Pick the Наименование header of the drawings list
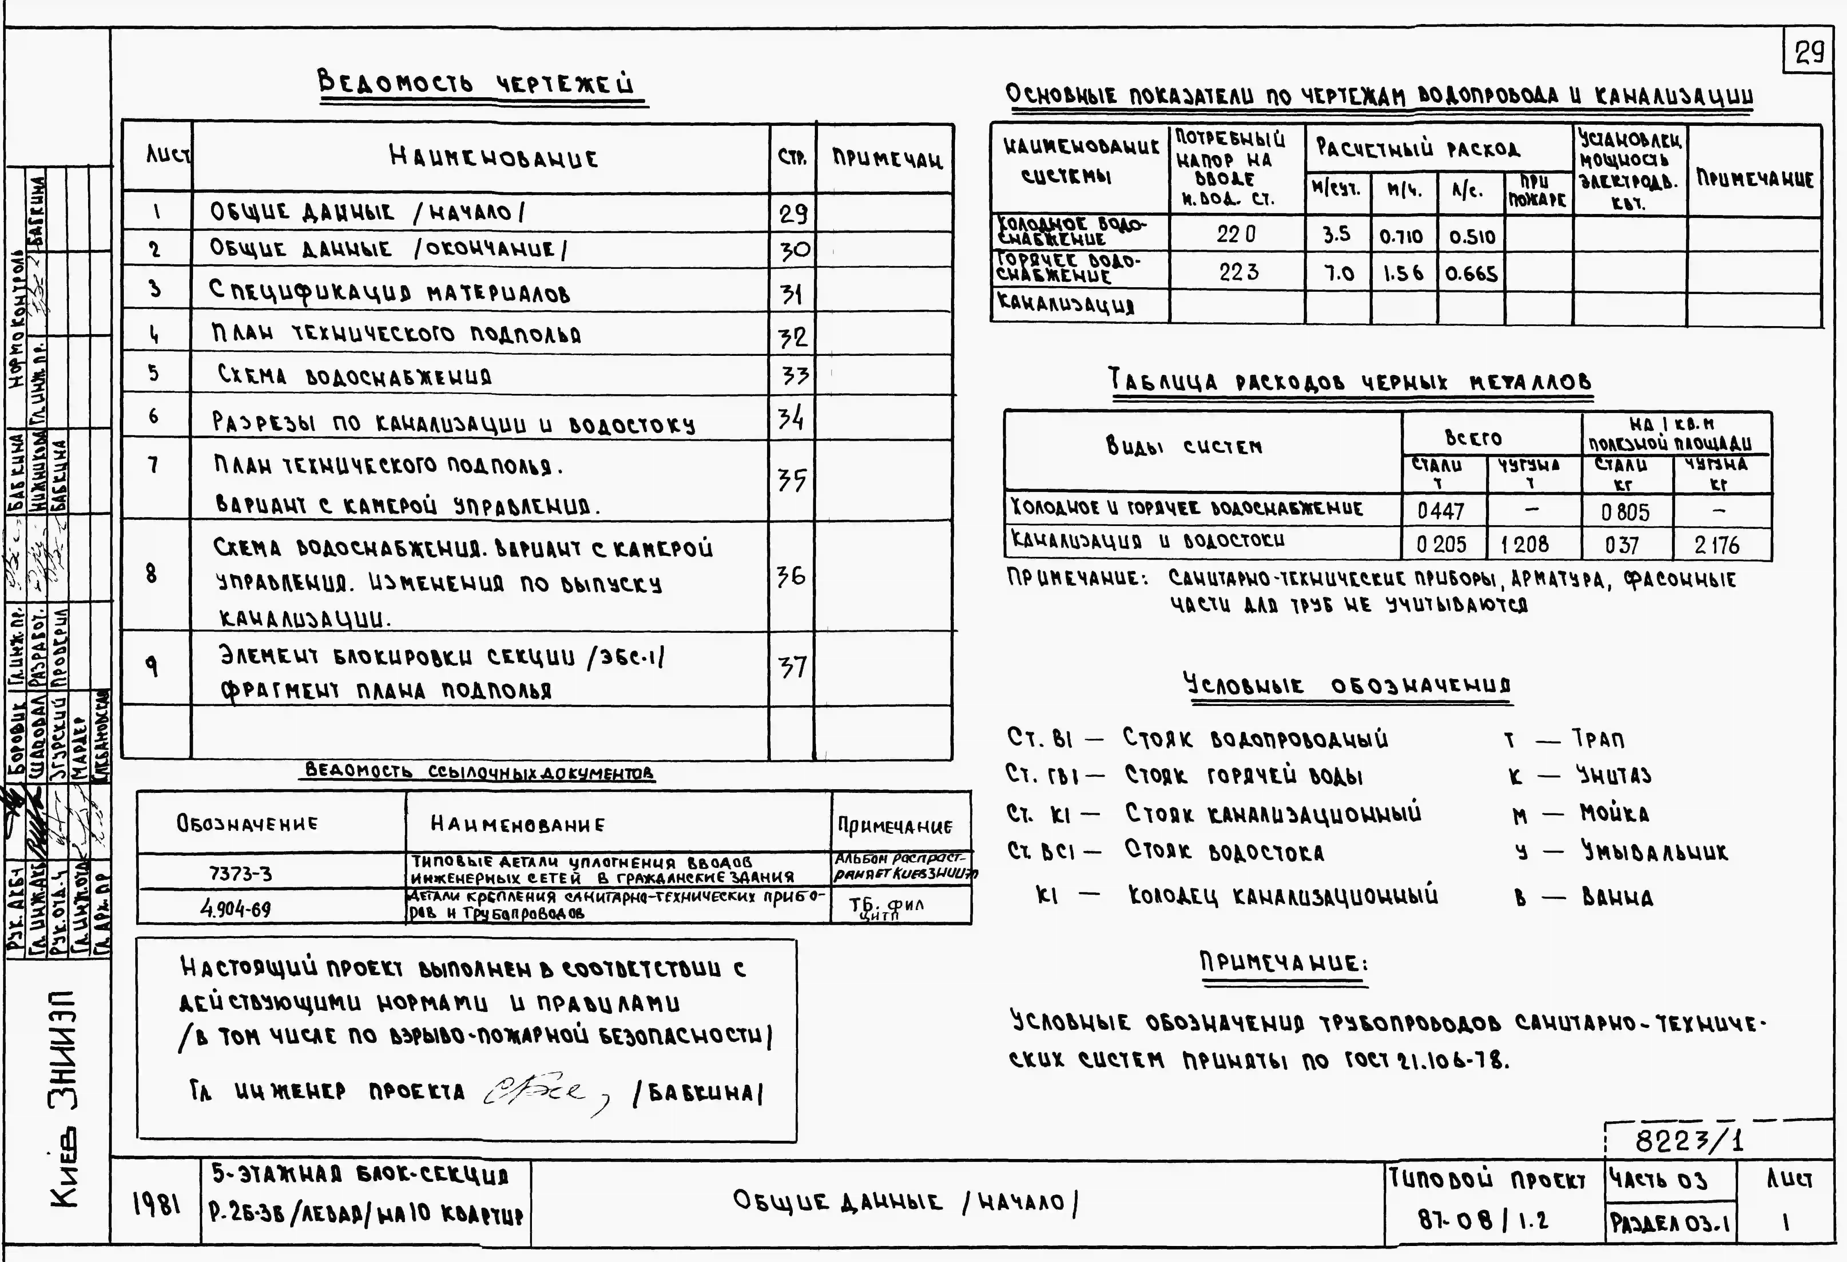click(494, 157)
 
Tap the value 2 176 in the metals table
click(1717, 545)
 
